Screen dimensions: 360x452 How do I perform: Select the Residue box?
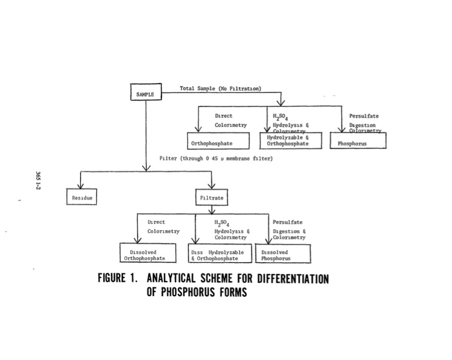[82, 198]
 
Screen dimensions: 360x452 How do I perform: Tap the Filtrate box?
[211, 198]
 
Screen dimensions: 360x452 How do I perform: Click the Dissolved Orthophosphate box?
[144, 255]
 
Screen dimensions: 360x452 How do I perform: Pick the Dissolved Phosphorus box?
[283, 255]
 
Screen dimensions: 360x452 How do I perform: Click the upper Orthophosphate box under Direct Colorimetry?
[221, 142]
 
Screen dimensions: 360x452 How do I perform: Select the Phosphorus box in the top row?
[357, 142]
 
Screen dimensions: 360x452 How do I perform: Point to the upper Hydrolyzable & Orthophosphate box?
[290, 141]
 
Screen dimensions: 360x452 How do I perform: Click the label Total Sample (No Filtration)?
[220, 89]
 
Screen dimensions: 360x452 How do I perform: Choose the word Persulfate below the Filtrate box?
[287, 222]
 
